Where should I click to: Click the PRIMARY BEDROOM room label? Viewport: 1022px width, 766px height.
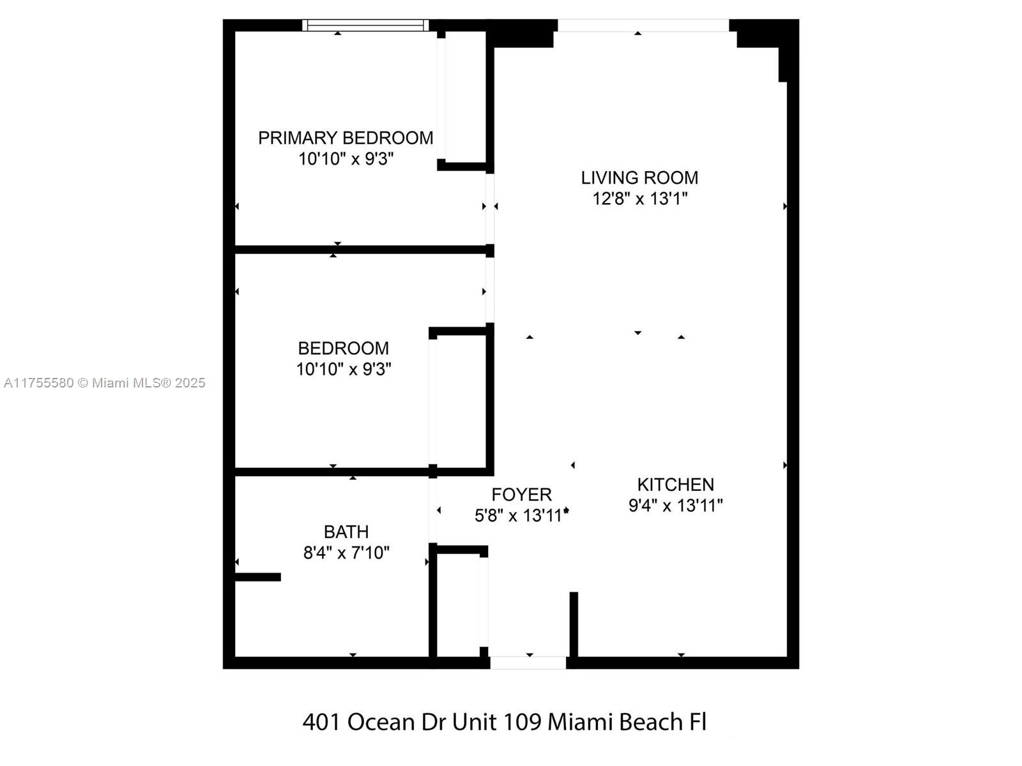[x=346, y=138]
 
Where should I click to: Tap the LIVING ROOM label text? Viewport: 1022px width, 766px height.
[x=639, y=177]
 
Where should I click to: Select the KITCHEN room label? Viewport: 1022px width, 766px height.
[x=675, y=484]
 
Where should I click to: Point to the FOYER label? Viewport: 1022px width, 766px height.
[x=521, y=495]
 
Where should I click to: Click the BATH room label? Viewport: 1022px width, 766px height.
[x=346, y=532]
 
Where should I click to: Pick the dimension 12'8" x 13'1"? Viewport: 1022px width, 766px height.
[x=639, y=199]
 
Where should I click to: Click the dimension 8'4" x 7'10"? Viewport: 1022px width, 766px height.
[x=346, y=553]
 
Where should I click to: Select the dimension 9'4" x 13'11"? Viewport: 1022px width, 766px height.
[x=675, y=506]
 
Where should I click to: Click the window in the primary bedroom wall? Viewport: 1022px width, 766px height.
[x=365, y=25]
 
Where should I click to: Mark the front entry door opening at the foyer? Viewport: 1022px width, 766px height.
[x=528, y=663]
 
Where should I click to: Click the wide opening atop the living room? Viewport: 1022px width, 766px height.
[x=643, y=25]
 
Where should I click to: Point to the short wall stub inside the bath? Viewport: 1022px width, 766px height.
[x=258, y=577]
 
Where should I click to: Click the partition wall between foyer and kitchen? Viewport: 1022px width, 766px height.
[x=574, y=624]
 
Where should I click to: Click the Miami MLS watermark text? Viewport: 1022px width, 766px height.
[x=105, y=383]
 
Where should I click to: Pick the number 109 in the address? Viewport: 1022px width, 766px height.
[x=522, y=722]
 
